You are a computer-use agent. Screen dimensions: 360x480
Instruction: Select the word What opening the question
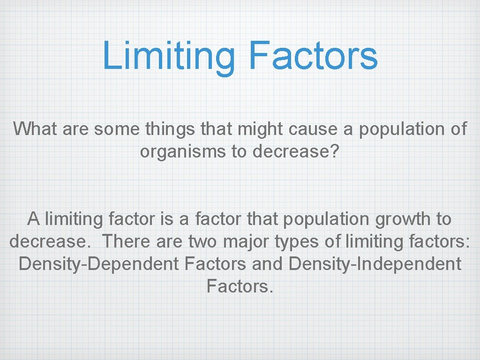[x=35, y=129]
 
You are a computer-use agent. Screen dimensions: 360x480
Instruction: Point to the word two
[x=203, y=242]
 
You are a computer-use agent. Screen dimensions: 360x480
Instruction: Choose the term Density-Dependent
[x=99, y=264]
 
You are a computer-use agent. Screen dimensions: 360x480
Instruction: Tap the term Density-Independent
[x=375, y=264]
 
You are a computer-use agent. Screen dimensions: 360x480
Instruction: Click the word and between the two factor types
[x=267, y=264]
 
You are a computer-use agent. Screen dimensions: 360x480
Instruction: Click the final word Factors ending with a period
[x=239, y=286]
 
